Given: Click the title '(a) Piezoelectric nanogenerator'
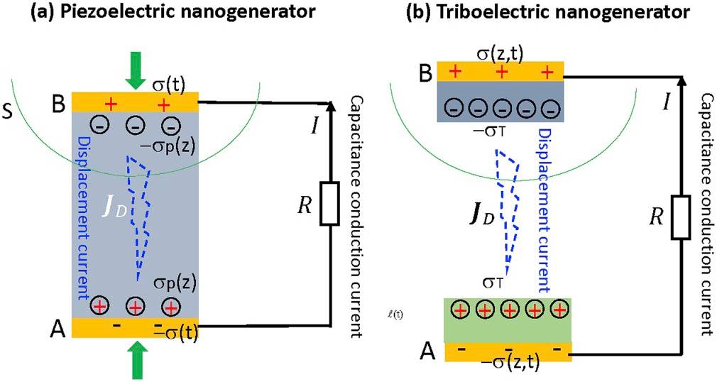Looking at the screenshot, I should click(153, 12).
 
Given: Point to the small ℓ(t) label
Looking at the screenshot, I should click(409, 310).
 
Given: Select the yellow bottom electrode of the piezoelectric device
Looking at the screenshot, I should click(135, 328).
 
